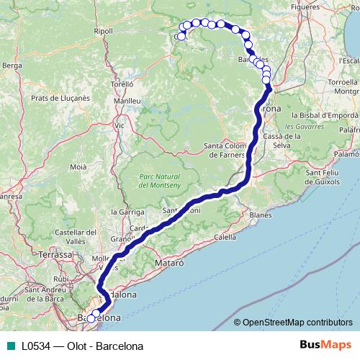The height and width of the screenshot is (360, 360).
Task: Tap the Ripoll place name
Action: pyautogui.click(x=104, y=32)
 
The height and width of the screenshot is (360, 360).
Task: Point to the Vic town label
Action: pyautogui.click(x=120, y=125)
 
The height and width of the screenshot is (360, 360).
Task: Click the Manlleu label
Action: pyautogui.click(x=127, y=102)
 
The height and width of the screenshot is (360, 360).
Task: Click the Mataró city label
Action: pyautogui.click(x=171, y=264)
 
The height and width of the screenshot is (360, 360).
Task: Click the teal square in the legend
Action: pyautogui.click(x=8, y=346)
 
